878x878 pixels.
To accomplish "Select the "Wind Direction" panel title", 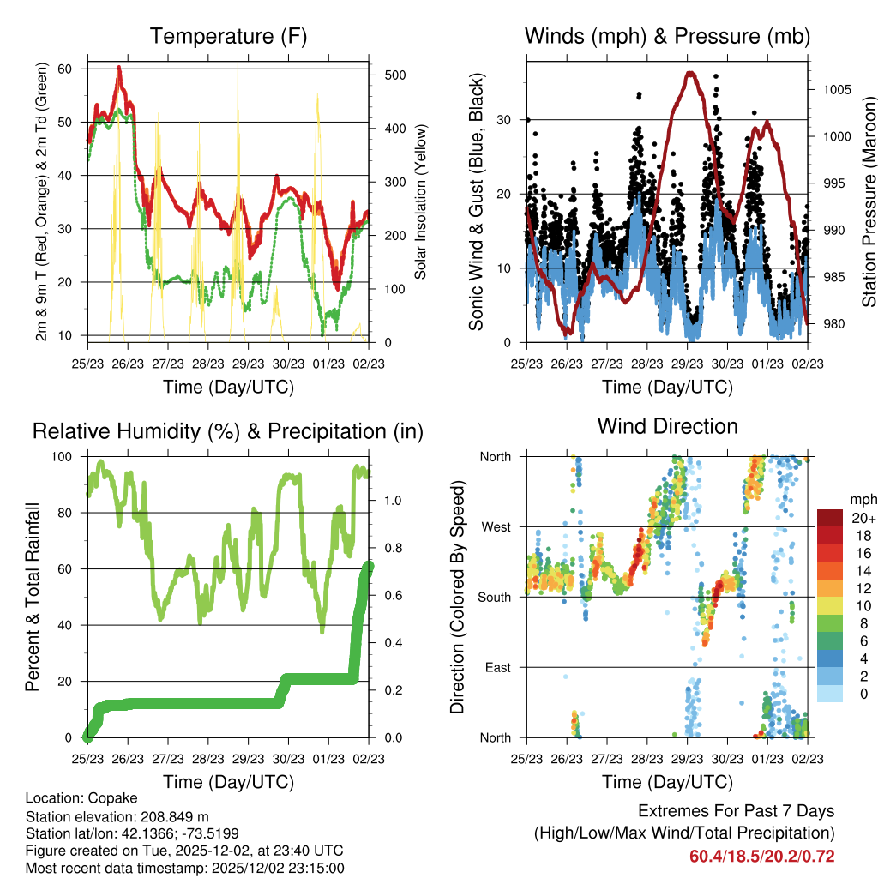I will pyautogui.click(x=667, y=425).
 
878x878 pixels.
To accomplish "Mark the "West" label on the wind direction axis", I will pyautogui.click(x=496, y=526).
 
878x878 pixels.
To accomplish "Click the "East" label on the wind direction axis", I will pyautogui.click(x=496, y=667).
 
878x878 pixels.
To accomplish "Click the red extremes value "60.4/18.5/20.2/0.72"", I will pyautogui.click(x=761, y=856).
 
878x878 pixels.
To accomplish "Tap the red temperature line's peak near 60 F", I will pyautogui.click(x=119, y=67).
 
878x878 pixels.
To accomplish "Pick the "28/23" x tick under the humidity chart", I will pyautogui.click(x=207, y=758).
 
